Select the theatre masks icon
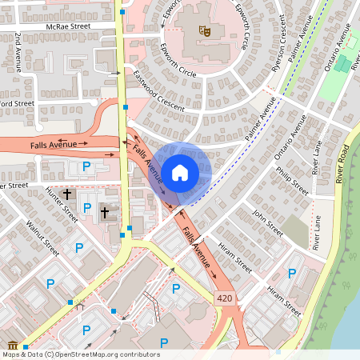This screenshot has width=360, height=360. click(204, 31)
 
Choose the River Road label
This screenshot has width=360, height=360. click(343, 164)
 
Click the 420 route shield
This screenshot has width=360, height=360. click(226, 298)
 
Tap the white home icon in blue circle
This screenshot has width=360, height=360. click(180, 171)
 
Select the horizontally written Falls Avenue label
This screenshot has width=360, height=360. click(54, 144)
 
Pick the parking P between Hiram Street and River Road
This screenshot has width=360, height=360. click(292, 274)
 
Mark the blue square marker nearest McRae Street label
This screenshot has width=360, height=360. click(122, 12)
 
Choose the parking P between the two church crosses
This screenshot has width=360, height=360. click(86, 208)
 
